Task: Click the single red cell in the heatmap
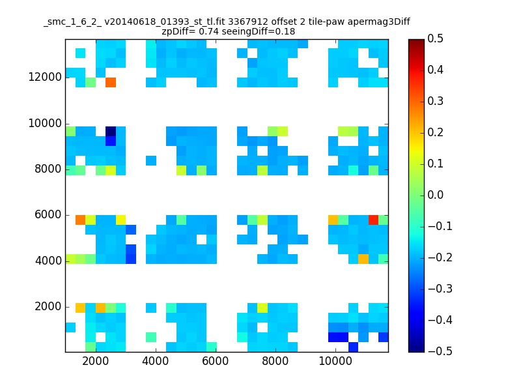[x=373, y=220]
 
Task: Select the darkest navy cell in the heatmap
[x=111, y=131]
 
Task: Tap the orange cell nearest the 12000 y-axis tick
[x=111, y=82]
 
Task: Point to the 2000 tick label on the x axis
[x=95, y=361]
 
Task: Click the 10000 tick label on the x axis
[x=335, y=361]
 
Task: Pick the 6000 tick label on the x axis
[x=216, y=361]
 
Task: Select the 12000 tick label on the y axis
[x=45, y=77]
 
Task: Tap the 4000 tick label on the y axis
[x=48, y=261]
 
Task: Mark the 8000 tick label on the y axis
[x=48, y=169]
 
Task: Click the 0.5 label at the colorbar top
[x=435, y=38]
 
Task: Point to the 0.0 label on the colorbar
[x=435, y=195]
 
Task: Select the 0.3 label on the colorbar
[x=435, y=101]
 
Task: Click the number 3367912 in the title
[x=248, y=22]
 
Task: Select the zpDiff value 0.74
[x=208, y=31]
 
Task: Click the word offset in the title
[x=283, y=22]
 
